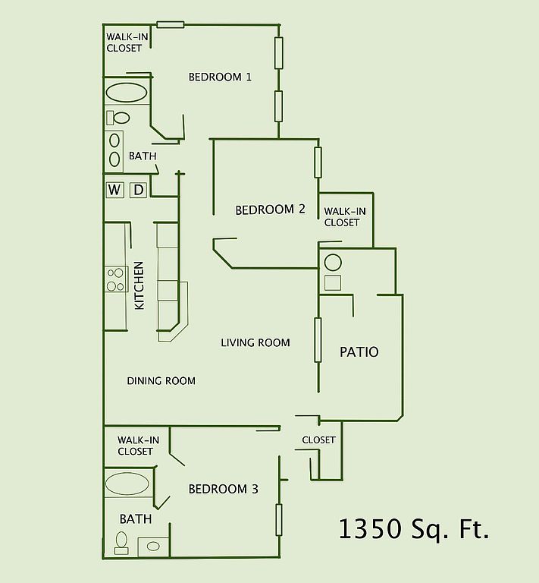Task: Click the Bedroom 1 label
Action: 220,77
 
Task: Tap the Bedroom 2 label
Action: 270,210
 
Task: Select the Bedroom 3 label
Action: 223,489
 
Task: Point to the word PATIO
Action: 359,351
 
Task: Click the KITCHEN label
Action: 139,285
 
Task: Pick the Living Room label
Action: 255,342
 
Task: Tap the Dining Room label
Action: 161,381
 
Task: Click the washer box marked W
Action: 114,190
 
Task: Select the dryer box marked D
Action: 138,190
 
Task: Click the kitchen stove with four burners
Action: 116,279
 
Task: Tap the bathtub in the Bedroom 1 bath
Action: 126,92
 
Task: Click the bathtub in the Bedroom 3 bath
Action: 127,484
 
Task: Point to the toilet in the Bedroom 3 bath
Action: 121,544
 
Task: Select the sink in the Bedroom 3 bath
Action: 153,547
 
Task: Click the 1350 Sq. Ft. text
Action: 414,528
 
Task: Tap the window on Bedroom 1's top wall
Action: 171,25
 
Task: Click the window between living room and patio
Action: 318,339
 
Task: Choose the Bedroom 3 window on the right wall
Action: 279,520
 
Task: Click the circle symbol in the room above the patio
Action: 333,263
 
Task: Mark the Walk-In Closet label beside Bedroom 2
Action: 344,217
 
